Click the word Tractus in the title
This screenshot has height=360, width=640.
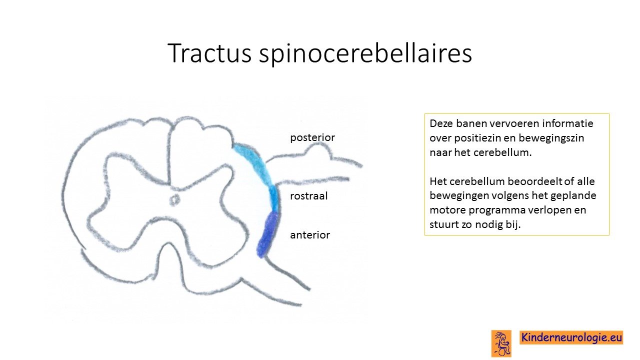[x=209, y=53]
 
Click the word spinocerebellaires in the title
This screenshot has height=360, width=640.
[x=365, y=54]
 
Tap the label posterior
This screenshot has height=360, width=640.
[x=312, y=137]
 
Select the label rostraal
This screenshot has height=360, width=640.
[x=308, y=196]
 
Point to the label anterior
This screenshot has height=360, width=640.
[x=310, y=235]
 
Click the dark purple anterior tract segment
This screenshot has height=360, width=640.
[x=267, y=235]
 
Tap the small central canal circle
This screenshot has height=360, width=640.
[x=174, y=199]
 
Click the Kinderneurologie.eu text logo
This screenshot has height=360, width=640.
[x=571, y=337]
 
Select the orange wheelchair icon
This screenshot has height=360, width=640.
[x=501, y=343]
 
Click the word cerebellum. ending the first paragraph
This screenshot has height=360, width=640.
[x=502, y=152]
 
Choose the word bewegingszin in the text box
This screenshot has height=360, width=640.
[x=551, y=138]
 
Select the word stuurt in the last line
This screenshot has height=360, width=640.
[x=443, y=224]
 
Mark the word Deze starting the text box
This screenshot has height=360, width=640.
[x=441, y=123]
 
